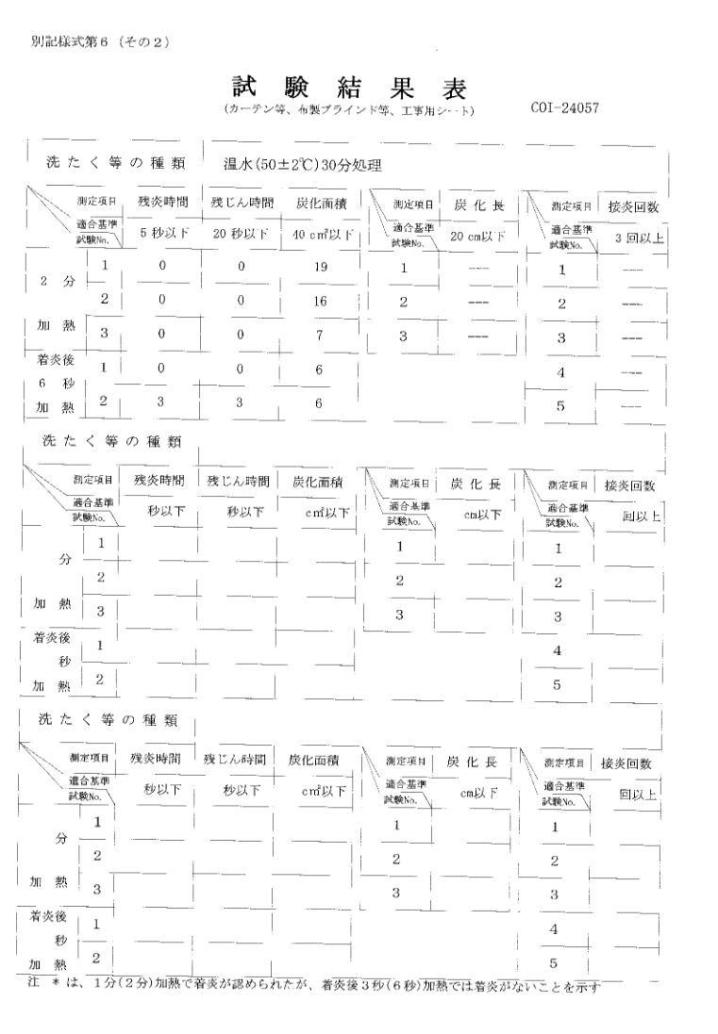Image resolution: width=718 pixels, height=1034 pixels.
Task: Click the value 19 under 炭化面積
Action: (x=320, y=267)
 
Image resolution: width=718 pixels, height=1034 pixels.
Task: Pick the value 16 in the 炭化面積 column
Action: (x=320, y=300)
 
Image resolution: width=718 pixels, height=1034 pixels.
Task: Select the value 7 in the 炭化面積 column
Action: (x=320, y=334)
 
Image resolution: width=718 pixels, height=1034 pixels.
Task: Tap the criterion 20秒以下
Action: (x=241, y=234)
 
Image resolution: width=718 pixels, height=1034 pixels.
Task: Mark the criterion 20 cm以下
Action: (x=480, y=236)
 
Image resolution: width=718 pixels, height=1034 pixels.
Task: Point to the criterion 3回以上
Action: (x=639, y=238)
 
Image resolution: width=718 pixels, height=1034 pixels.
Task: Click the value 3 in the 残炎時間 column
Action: (x=163, y=402)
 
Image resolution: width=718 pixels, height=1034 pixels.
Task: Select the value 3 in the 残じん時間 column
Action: (x=242, y=402)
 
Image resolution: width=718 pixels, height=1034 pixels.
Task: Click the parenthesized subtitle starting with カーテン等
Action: (x=349, y=110)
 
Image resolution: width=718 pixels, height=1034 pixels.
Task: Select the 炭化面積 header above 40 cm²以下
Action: (x=320, y=202)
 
